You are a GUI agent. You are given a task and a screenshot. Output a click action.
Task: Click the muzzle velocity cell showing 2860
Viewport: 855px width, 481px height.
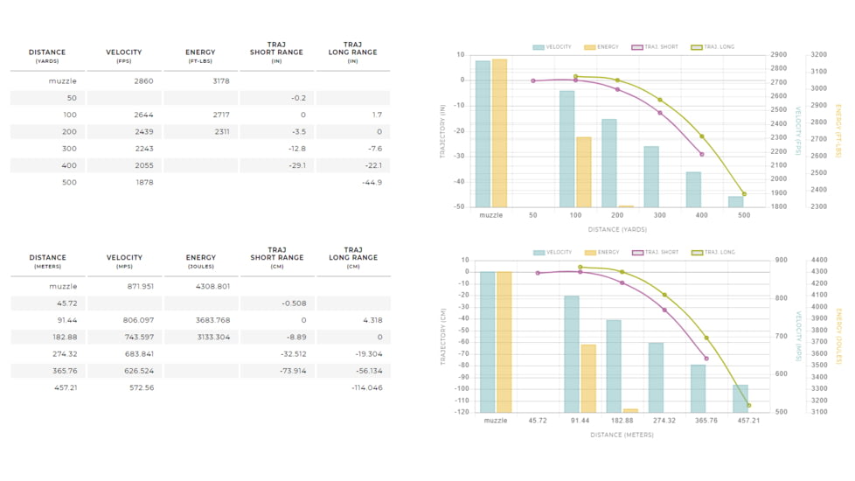pos(143,80)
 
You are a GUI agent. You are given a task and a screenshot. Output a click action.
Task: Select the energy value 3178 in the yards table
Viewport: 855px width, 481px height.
pos(221,80)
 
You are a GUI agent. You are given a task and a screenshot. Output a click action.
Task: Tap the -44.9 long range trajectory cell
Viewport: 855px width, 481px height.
pos(372,182)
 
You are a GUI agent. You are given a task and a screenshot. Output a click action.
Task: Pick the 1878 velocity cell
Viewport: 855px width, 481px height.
pos(144,182)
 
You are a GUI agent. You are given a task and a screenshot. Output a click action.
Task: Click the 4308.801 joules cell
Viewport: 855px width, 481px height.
pos(212,286)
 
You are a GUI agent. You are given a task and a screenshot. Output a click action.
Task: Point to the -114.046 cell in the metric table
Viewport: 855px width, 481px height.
pos(367,387)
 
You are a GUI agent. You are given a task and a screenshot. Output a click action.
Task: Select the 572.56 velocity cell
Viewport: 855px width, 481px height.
pos(142,387)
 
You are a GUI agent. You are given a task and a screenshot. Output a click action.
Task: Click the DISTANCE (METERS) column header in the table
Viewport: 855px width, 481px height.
pos(47,261)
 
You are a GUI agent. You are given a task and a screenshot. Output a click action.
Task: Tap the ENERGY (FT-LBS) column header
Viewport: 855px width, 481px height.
pos(200,56)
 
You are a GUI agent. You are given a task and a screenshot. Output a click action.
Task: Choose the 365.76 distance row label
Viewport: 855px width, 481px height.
pos(65,371)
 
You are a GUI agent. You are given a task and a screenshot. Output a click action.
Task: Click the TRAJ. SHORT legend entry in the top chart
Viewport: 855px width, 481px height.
pos(655,47)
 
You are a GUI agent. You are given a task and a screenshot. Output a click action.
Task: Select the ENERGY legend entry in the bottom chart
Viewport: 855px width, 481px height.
pos(602,253)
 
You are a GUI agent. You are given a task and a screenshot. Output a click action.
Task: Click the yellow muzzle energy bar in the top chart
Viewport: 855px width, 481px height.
pos(499,133)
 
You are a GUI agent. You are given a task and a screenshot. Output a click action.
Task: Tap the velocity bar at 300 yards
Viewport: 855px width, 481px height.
pos(651,177)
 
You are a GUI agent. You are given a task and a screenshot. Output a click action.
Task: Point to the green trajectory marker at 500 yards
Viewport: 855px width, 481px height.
pos(744,194)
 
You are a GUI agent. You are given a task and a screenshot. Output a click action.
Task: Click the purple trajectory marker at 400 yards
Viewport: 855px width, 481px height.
pos(702,154)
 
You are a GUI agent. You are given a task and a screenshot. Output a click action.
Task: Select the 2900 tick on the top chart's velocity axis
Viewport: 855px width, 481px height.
pos(779,54)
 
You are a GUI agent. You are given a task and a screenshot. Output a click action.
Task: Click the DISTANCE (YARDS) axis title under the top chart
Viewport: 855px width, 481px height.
pos(617,230)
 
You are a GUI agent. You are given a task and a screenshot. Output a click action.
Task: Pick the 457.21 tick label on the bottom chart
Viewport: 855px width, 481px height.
pos(748,421)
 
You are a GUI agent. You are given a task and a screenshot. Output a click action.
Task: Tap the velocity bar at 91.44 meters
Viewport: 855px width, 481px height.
pos(572,354)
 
